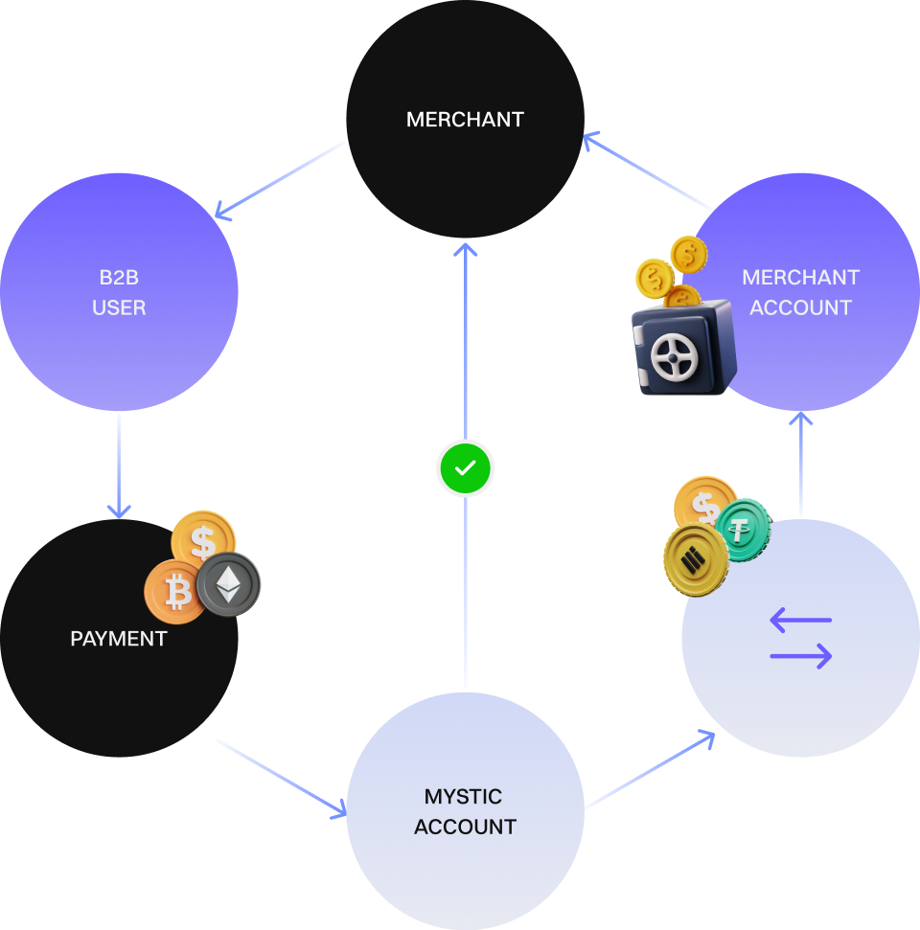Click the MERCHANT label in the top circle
(465, 120)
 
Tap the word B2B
(119, 278)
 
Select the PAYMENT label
(119, 639)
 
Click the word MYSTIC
(463, 797)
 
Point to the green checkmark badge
(465, 469)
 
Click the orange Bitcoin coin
(175, 593)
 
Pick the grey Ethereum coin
(229, 583)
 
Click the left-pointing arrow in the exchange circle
(800, 621)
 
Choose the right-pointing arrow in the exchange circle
(801, 656)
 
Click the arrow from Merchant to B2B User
(280, 181)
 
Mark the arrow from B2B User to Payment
(119, 465)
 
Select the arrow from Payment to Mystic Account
(281, 778)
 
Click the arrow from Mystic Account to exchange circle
(650, 770)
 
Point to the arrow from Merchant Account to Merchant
(648, 172)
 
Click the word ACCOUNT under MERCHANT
(800, 307)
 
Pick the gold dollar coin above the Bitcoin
(203, 539)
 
